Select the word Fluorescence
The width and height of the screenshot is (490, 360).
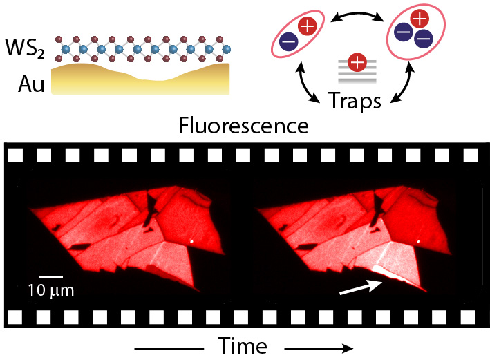pos(243,126)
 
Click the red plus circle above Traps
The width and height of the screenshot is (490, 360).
pos(357,64)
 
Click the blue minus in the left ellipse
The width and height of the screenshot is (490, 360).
pos(290,42)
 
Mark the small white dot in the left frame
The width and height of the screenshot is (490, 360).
pos(191,240)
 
